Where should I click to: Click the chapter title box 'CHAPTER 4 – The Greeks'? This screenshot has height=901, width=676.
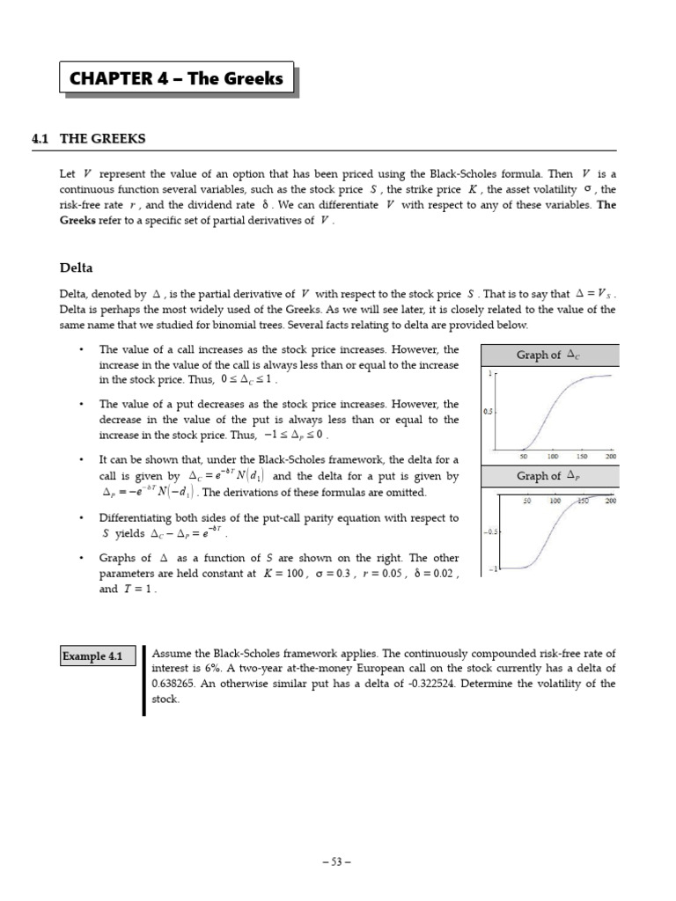pos(176,79)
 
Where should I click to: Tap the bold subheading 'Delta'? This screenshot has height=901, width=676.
pos(76,267)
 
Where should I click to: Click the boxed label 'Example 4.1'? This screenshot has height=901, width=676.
pos(92,656)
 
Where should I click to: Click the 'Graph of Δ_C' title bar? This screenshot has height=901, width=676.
pos(550,355)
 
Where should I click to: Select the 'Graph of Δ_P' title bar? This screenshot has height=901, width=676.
pos(550,476)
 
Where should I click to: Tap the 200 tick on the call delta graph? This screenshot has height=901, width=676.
pos(610,457)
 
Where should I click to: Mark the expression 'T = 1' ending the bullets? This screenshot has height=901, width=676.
pos(139,590)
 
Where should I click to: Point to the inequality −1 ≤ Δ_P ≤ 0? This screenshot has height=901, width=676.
pos(295,436)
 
